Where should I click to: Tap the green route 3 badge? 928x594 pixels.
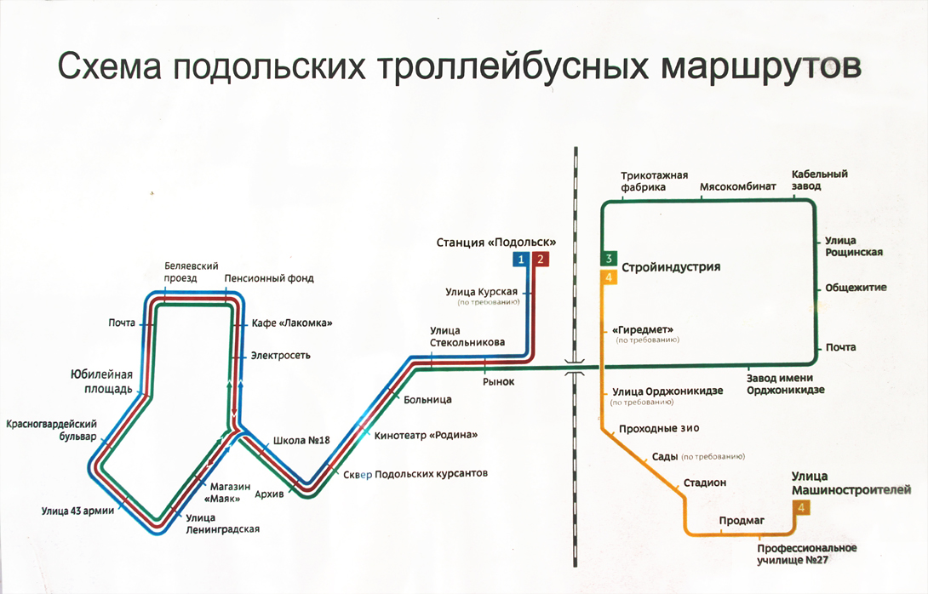click(x=608, y=259)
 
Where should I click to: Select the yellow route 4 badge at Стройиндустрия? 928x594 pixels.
click(x=608, y=277)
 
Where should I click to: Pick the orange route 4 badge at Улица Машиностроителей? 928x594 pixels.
click(x=801, y=508)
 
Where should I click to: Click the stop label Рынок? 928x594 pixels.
click(x=498, y=381)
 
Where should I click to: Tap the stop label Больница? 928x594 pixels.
click(x=428, y=399)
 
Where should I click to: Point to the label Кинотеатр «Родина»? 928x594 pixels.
click(x=426, y=435)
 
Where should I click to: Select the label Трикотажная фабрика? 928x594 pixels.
click(x=655, y=180)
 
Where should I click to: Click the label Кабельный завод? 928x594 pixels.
click(x=819, y=180)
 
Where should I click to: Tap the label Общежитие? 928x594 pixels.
click(x=856, y=288)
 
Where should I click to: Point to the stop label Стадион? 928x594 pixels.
click(x=705, y=483)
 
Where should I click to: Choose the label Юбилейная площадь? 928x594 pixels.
click(x=101, y=381)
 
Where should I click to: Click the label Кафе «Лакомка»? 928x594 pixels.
click(x=292, y=323)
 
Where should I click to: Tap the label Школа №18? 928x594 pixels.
click(x=301, y=441)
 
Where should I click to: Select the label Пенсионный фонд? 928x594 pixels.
click(x=269, y=278)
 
